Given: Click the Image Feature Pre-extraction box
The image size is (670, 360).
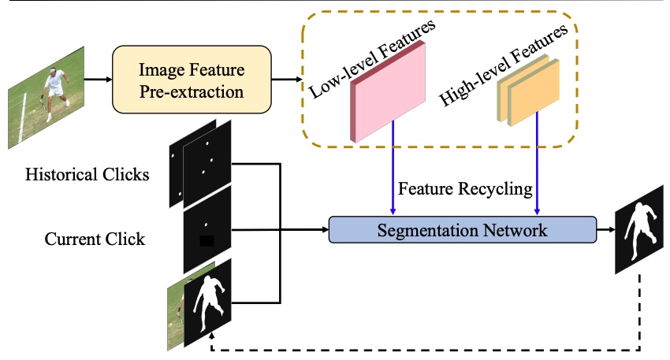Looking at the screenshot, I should click(192, 80).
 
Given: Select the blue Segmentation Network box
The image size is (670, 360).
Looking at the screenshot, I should click(461, 231).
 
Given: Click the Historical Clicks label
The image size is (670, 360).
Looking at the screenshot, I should click(87, 174).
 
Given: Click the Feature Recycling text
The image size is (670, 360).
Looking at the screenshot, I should click(465, 190).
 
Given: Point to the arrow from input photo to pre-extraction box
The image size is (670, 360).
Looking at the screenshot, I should click(98, 80).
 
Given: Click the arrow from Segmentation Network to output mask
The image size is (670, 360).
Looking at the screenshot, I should click(605, 231).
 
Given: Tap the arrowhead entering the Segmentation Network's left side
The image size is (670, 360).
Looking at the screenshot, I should click(324, 231).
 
